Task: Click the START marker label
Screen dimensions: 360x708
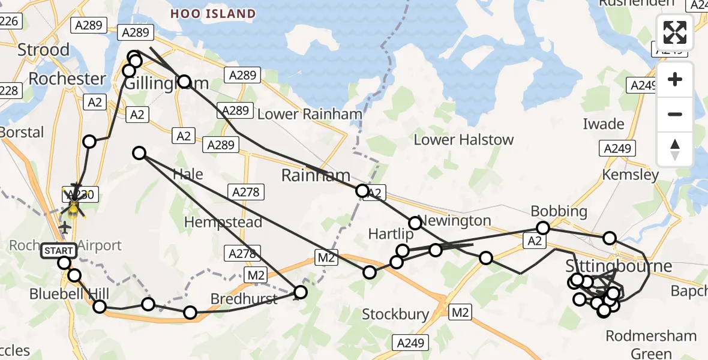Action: (x=59, y=251)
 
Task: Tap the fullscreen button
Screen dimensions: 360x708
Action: (x=675, y=32)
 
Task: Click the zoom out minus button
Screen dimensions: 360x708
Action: (x=675, y=114)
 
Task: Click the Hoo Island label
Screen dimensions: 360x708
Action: (x=212, y=14)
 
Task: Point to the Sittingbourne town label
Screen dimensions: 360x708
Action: (x=619, y=266)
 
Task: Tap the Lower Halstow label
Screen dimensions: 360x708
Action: (x=464, y=140)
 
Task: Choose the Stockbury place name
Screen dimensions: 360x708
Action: (x=395, y=314)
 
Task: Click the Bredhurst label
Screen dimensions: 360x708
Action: (x=244, y=299)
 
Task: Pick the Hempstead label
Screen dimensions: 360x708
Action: (x=223, y=223)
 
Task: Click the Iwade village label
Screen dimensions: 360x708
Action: (x=604, y=124)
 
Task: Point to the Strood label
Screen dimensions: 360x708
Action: (x=43, y=49)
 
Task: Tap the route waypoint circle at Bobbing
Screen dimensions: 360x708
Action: (x=543, y=228)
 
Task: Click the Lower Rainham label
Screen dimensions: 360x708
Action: (x=309, y=114)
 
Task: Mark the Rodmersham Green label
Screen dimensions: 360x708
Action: (x=652, y=344)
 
